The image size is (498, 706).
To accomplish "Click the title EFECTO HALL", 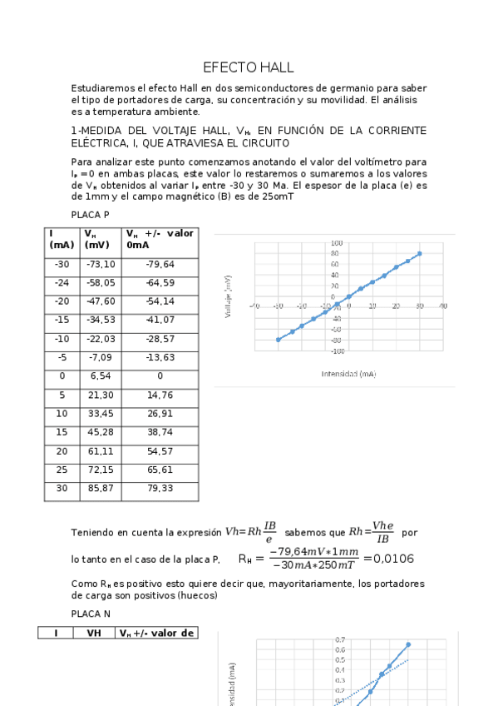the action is click(249, 67).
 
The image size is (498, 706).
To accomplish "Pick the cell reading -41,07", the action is click(160, 319).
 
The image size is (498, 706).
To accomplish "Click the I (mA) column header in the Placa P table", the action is click(61, 239).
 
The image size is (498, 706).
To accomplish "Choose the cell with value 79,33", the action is click(160, 488).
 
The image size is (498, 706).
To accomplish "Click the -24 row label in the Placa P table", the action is click(62, 283).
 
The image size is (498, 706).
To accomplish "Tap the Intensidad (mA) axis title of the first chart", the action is click(348, 374).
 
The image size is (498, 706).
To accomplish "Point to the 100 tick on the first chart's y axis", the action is click(336, 243).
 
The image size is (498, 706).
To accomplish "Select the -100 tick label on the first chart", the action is click(335, 350).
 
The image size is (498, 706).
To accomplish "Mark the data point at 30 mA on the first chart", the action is click(419, 253).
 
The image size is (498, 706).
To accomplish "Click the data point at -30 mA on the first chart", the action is click(278, 340).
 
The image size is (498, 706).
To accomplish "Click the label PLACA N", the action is click(91, 613).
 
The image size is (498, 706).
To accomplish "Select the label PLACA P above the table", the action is click(90, 215).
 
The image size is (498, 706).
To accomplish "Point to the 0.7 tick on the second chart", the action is click(340, 639).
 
